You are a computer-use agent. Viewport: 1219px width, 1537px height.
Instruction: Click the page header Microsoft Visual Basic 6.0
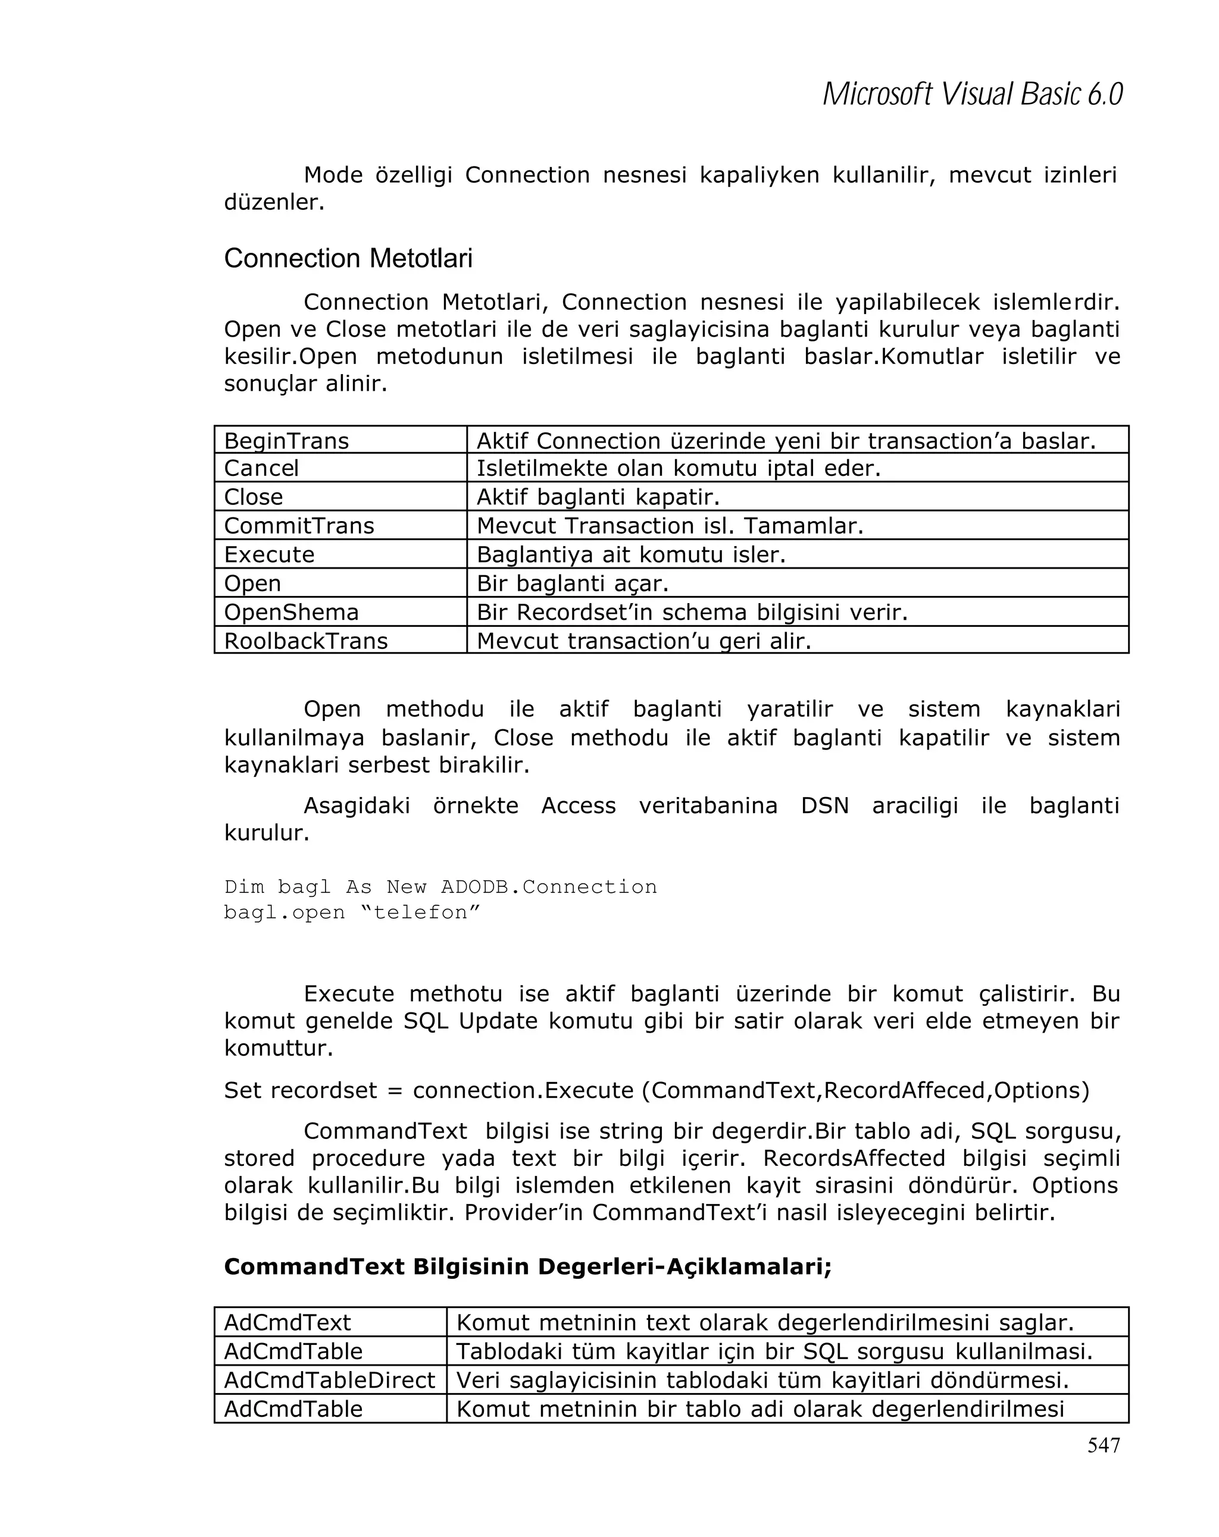972,94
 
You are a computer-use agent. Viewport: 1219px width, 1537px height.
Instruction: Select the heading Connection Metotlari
348,258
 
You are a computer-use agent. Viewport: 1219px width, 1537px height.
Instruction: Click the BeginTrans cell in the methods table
287,441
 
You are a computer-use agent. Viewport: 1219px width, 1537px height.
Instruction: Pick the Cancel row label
261,468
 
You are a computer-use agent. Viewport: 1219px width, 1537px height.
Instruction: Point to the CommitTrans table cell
299,525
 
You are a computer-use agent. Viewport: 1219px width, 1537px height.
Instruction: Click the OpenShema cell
291,611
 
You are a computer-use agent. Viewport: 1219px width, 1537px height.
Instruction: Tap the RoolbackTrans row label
305,640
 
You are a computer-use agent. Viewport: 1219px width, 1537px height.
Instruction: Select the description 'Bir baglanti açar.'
572,583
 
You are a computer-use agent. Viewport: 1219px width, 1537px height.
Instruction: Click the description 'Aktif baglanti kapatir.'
598,497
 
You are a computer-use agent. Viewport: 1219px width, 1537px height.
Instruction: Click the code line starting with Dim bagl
440,887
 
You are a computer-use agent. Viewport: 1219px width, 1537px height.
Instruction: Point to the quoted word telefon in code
421,912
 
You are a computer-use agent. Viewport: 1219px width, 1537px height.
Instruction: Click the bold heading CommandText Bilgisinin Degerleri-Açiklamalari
528,1266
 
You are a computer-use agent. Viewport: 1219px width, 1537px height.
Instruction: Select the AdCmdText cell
287,1322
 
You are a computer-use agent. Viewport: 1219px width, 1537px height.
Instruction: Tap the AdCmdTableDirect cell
329,1380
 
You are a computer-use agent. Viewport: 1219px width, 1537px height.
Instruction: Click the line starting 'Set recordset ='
656,1090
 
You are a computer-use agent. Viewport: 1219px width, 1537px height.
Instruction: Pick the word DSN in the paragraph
824,805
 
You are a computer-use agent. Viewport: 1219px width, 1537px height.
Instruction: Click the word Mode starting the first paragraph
333,175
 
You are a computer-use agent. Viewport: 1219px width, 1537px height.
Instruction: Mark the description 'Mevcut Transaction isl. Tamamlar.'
670,525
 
